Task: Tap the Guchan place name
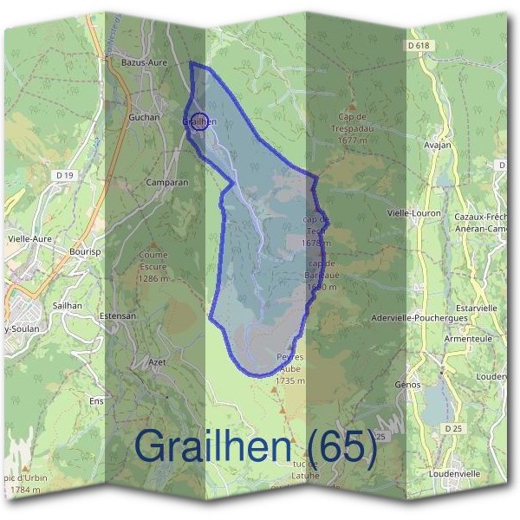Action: [x=143, y=116]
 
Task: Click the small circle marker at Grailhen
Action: [x=199, y=121]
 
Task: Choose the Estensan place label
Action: [x=118, y=316]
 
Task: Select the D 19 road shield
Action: [x=63, y=175]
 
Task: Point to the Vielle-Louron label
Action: [x=413, y=213]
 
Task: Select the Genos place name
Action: [x=407, y=384]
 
